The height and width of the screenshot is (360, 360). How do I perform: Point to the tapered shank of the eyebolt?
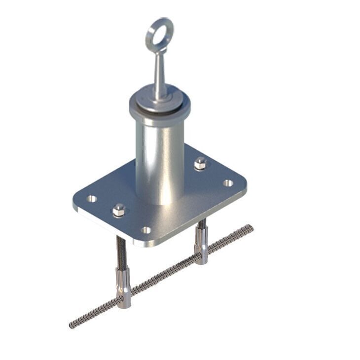(158, 74)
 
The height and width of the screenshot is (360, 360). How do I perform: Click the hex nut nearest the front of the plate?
(118, 211)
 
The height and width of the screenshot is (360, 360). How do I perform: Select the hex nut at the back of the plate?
(200, 163)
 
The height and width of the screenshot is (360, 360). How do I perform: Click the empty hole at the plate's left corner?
(92, 199)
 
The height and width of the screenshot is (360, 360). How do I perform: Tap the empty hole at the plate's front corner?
(146, 230)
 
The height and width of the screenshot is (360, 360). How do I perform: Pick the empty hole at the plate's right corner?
(227, 183)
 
